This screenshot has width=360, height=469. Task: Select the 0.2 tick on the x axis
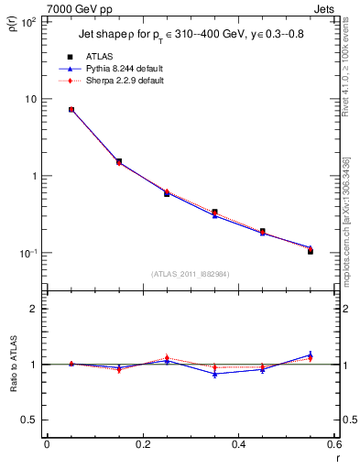click(x=142, y=445)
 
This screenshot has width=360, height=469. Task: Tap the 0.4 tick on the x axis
click(x=238, y=445)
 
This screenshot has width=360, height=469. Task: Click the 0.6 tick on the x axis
click(x=333, y=445)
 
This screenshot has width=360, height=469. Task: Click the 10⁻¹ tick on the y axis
click(x=27, y=254)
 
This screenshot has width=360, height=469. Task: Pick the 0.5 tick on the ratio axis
click(x=29, y=420)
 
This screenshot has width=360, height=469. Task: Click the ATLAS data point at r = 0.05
click(x=71, y=110)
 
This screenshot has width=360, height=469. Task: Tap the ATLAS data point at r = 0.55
click(x=311, y=251)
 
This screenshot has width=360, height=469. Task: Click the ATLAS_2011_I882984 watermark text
click(x=190, y=274)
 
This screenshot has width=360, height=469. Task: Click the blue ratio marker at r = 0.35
click(x=214, y=374)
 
